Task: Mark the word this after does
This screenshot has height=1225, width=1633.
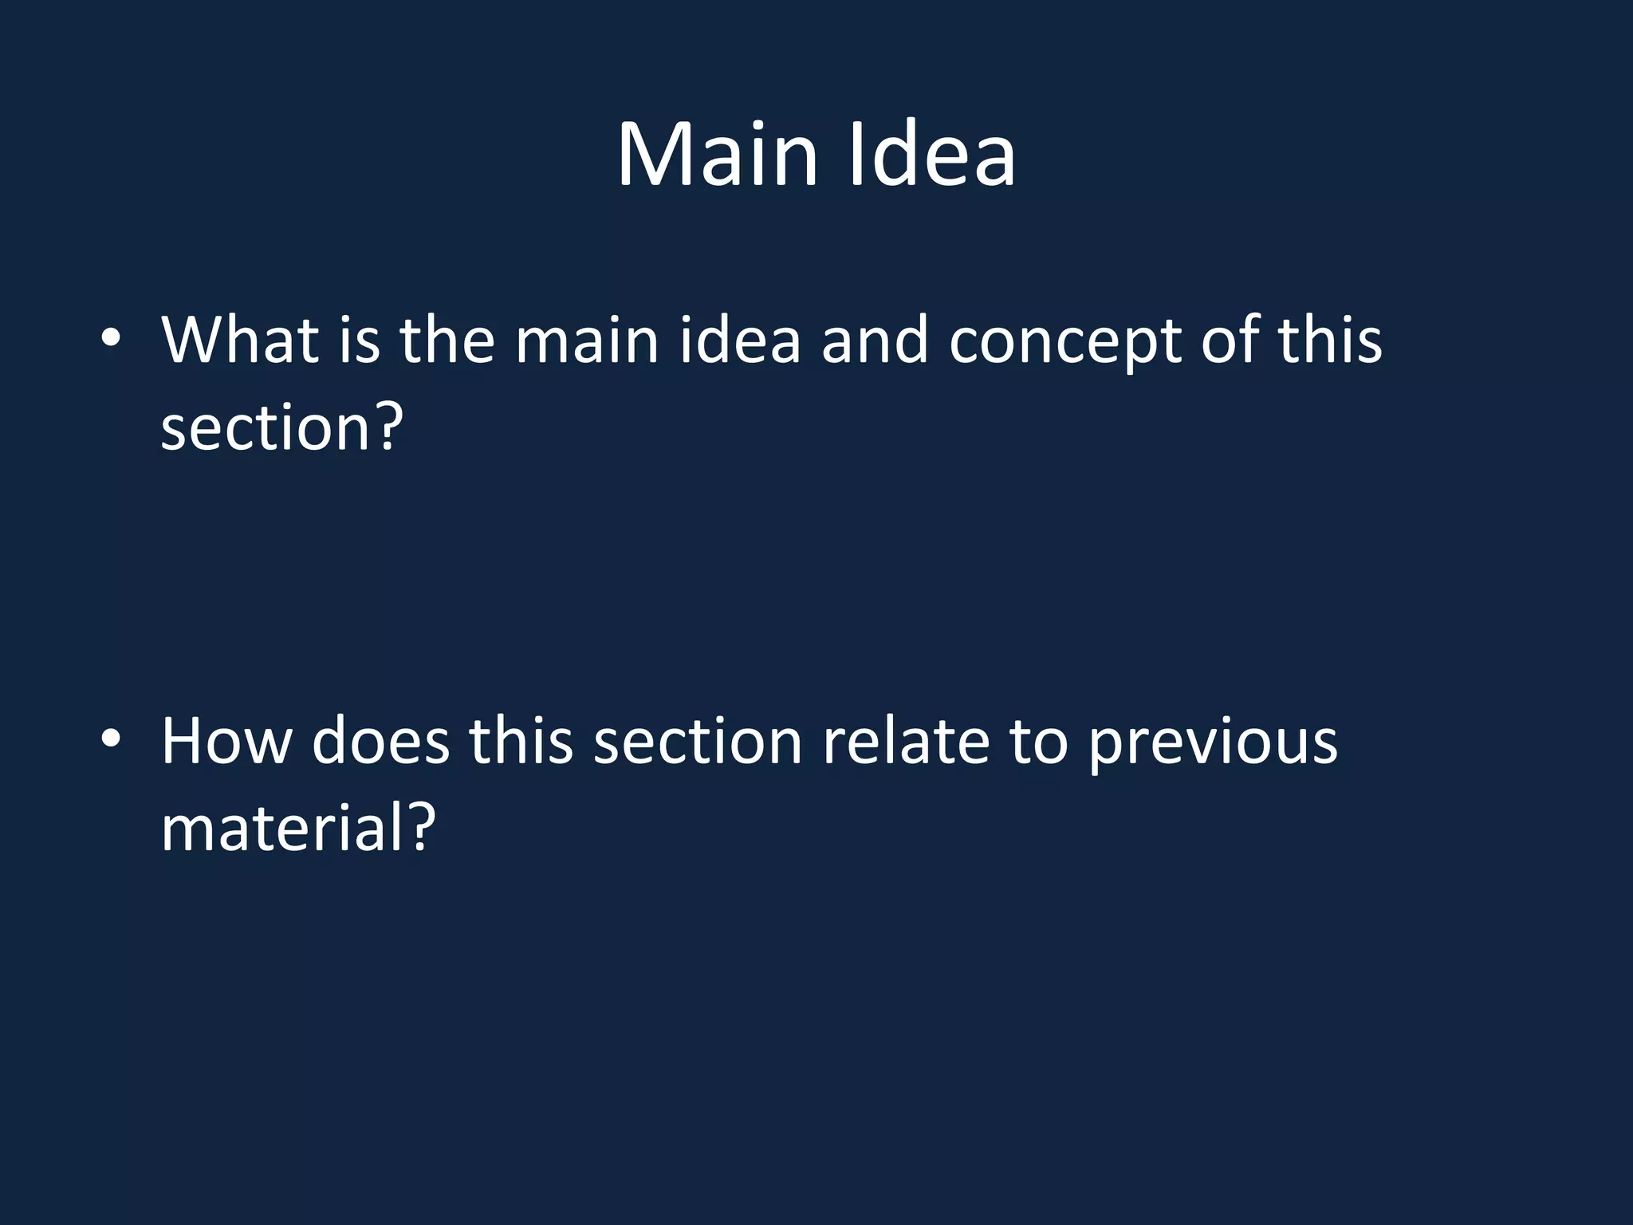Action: pyautogui.click(x=521, y=742)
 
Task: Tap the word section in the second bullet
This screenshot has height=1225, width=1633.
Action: pyautogui.click(x=698, y=742)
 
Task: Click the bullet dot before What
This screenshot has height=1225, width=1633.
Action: pyautogui.click(x=111, y=338)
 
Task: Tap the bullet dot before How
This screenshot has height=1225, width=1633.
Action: pyautogui.click(x=111, y=739)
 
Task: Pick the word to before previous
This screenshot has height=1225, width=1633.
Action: pyautogui.click(x=1039, y=742)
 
